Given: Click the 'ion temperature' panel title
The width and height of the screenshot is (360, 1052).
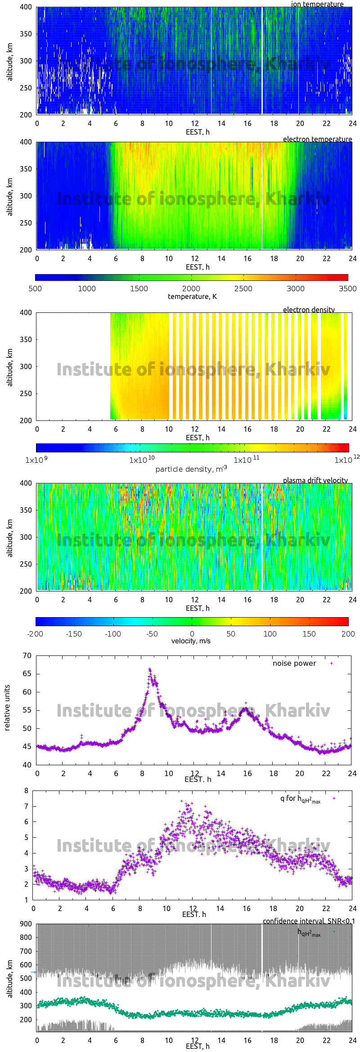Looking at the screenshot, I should point(317,4).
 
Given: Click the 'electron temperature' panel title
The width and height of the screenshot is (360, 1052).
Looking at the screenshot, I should point(317,139).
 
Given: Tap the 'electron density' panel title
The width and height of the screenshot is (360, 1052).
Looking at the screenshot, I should point(309,310).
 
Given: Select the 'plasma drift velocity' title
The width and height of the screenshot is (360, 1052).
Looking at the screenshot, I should point(315,480).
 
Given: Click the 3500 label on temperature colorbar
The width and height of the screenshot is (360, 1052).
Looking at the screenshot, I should point(347,289).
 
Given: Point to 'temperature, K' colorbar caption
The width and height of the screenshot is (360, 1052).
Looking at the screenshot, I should point(192,296).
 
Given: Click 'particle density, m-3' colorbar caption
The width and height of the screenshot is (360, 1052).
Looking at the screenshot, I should point(191,469).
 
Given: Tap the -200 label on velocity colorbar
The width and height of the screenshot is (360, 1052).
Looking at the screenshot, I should point(35,634).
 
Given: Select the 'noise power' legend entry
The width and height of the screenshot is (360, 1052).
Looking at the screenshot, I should point(294,663).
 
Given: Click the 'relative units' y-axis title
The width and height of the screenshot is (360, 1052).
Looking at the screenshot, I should point(7,708).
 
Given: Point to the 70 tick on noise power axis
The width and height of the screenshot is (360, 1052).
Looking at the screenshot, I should point(27,655).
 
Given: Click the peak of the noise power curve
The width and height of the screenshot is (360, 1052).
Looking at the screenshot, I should point(150,669).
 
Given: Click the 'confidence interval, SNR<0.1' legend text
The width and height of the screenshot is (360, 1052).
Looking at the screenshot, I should point(309,921).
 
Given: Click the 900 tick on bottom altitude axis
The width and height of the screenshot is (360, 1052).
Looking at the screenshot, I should point(26,924).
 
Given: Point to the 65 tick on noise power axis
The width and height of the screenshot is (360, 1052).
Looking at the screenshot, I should point(27,674).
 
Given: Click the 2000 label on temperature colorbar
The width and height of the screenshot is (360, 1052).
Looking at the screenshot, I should point(191,289).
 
